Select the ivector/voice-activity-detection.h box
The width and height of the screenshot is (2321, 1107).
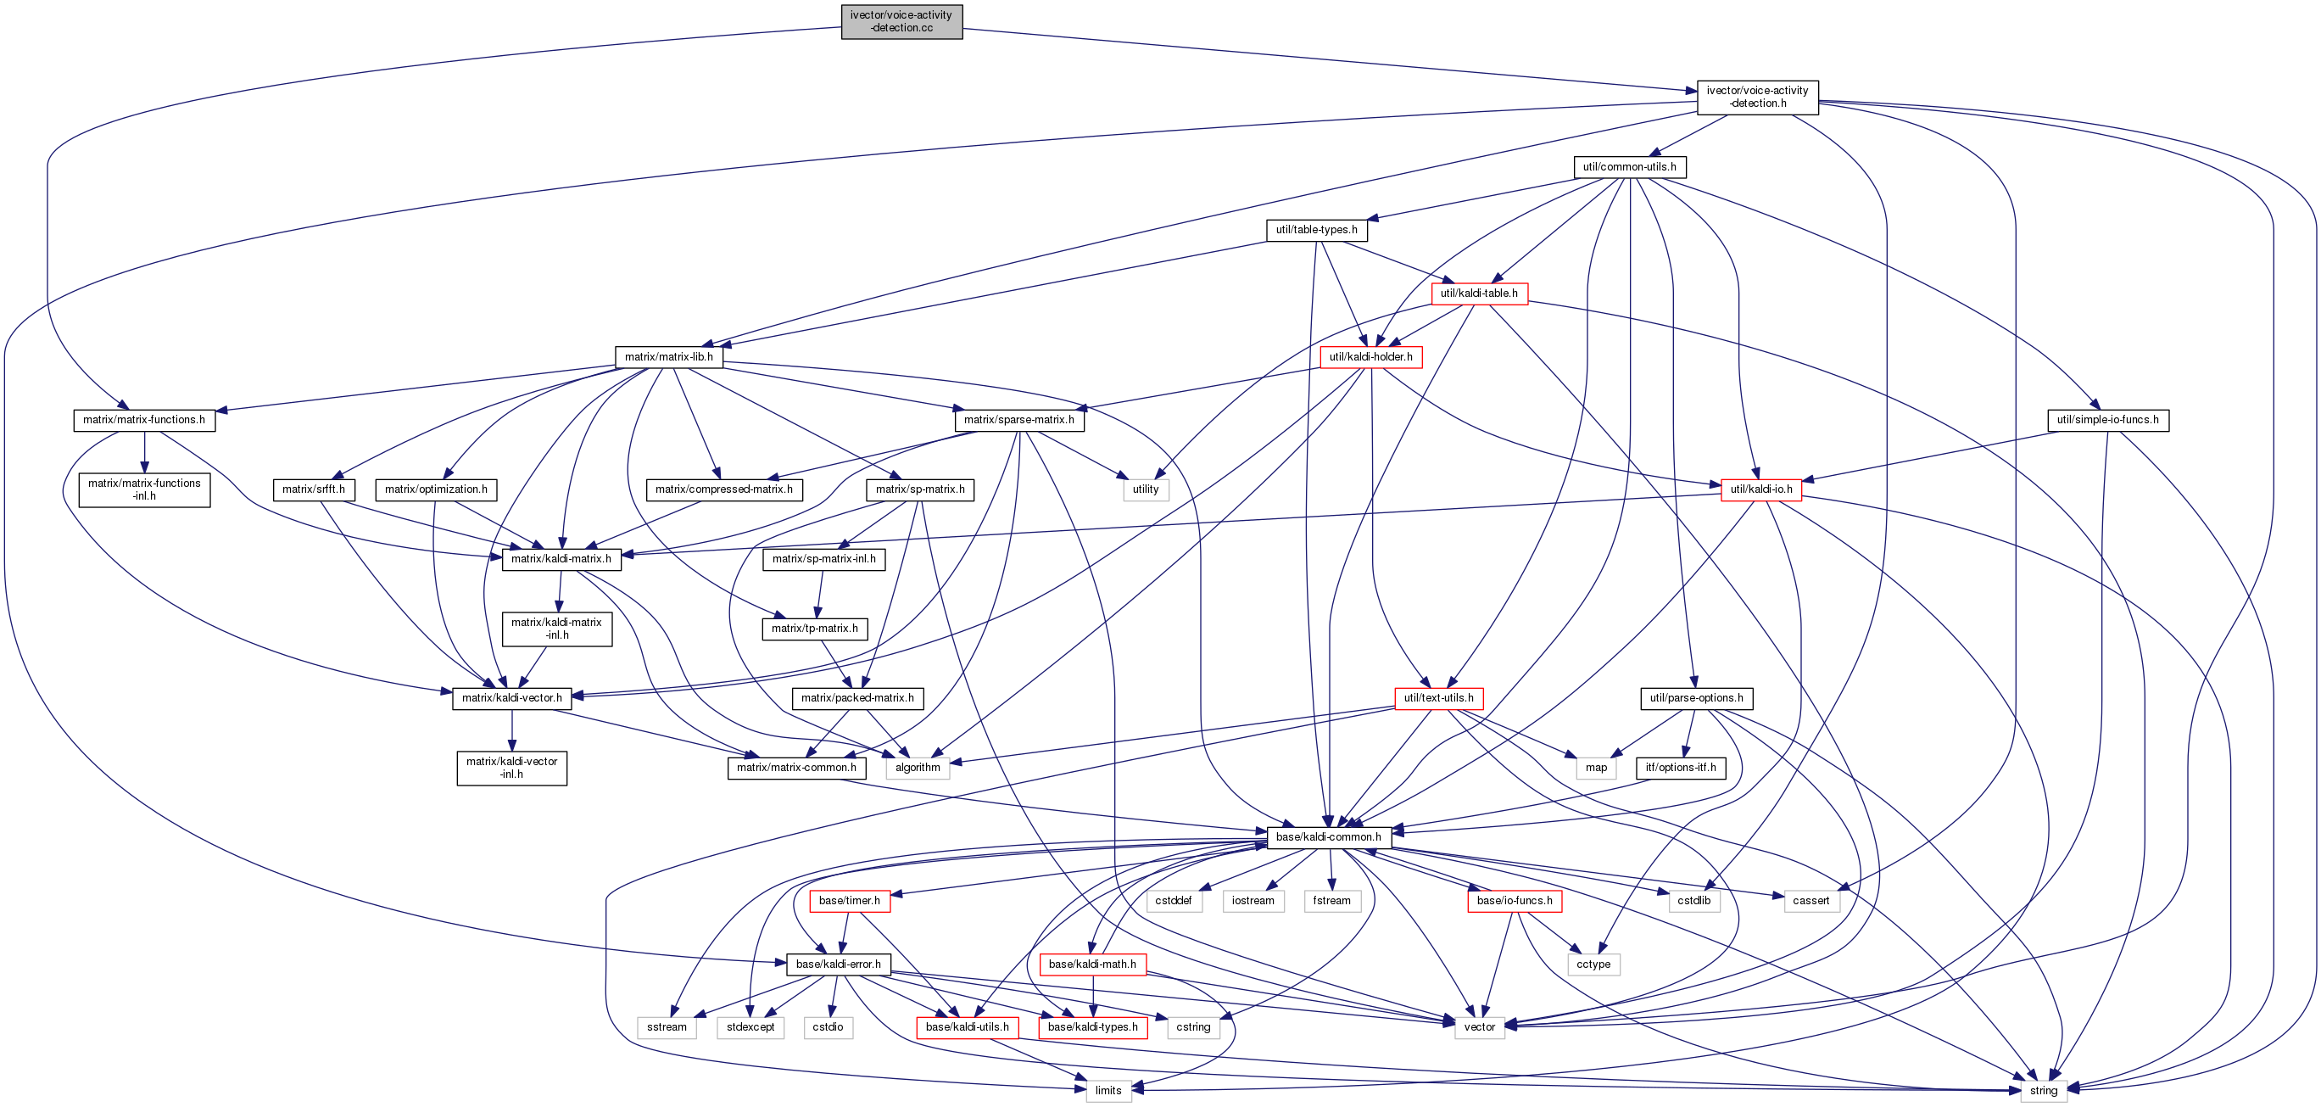(1757, 98)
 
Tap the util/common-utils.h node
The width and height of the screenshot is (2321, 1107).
(1629, 167)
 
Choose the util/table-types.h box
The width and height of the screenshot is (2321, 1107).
(1316, 230)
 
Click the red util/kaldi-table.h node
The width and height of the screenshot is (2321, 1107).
(1479, 293)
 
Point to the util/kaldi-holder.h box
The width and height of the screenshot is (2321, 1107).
(1370, 357)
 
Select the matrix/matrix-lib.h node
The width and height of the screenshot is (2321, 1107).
(668, 357)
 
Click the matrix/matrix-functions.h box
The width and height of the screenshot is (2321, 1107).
(144, 420)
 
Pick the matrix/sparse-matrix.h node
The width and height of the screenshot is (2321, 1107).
(1018, 420)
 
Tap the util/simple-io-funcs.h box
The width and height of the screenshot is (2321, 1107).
(2107, 420)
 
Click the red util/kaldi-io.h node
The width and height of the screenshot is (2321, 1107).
(1760, 489)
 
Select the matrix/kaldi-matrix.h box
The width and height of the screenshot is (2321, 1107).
(561, 559)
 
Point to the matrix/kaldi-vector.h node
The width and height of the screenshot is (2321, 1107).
(512, 698)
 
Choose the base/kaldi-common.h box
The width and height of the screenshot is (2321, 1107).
(1328, 837)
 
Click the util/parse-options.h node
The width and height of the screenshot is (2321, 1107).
(1696, 698)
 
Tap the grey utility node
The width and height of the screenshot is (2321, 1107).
(1145, 489)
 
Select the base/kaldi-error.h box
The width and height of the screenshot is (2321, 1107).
(838, 964)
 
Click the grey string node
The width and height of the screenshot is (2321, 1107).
(2043, 1091)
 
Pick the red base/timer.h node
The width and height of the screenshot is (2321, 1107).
(849, 901)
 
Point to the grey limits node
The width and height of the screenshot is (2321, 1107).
(1107, 1091)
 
